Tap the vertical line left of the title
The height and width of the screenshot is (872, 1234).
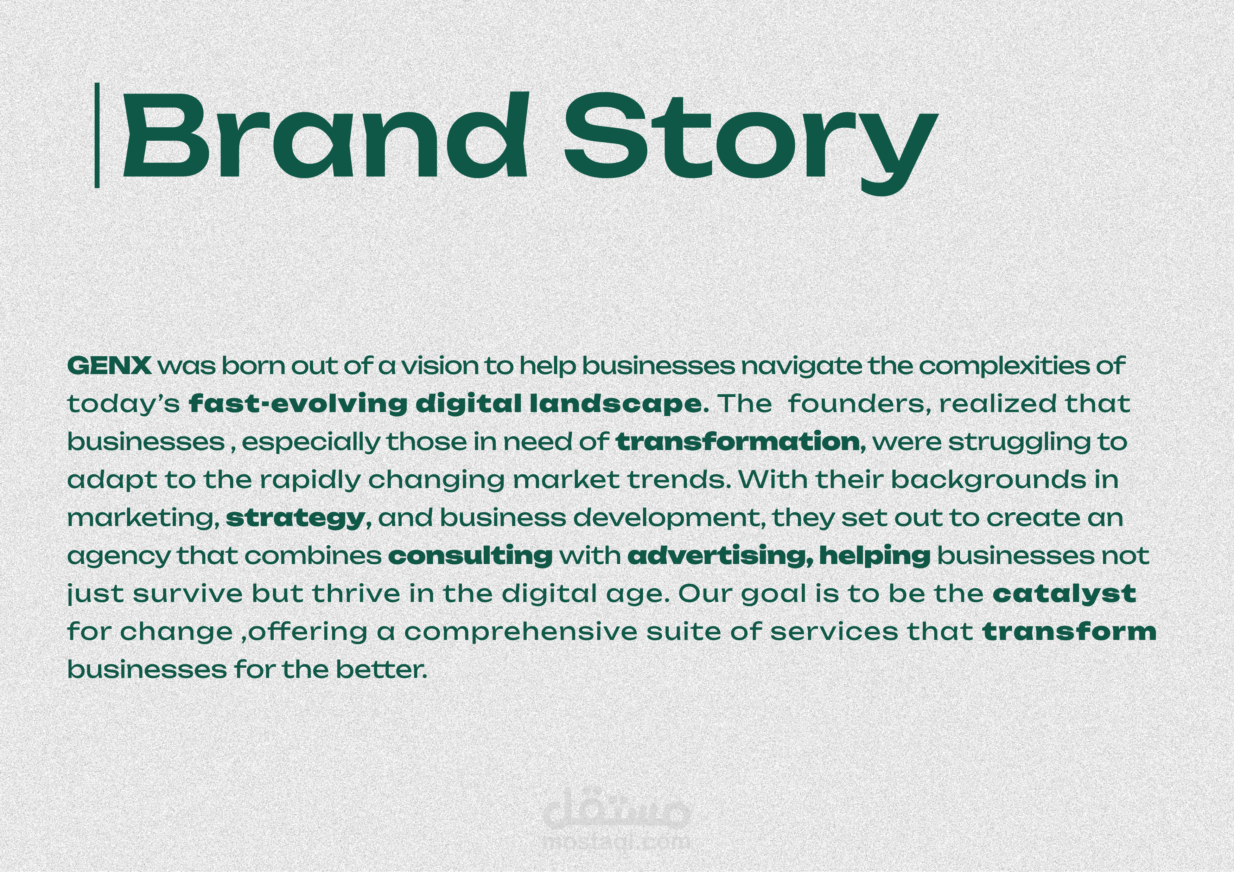tap(97, 135)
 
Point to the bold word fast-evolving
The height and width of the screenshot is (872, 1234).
tap(298, 404)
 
